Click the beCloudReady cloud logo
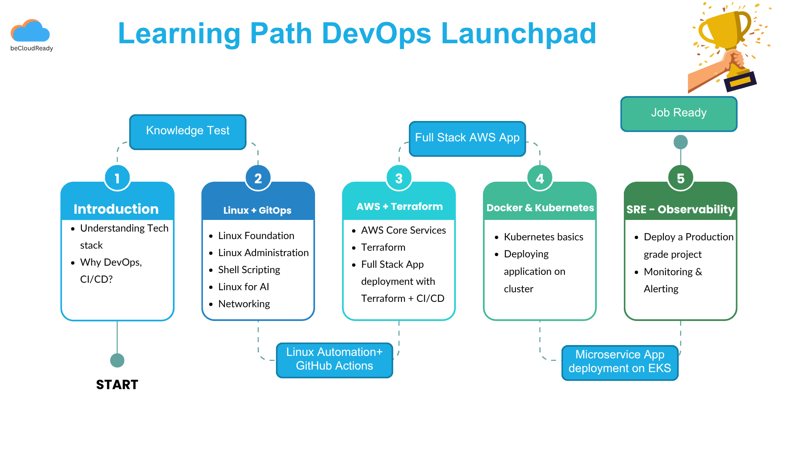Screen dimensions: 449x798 [x=30, y=32]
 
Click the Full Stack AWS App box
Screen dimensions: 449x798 [x=467, y=138]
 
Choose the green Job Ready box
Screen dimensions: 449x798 [x=678, y=113]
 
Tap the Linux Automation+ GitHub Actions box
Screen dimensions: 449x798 [x=334, y=360]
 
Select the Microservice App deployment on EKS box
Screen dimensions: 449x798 [x=619, y=362]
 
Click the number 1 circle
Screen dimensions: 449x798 [x=117, y=178]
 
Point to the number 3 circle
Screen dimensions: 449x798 [x=399, y=178]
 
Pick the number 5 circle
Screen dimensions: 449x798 [x=680, y=178]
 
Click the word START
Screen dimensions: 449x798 [x=117, y=385]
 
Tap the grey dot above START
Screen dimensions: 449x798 [x=117, y=360]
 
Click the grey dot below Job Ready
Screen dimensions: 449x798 [x=680, y=142]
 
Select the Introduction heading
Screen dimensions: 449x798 [x=116, y=209]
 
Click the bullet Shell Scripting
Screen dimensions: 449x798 [x=249, y=270]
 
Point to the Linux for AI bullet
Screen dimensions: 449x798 [x=244, y=287]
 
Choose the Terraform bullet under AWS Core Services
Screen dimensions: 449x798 [x=383, y=247]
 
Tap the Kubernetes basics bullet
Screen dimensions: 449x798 [x=543, y=237]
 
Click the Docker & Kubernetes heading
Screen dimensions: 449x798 [x=540, y=207]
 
